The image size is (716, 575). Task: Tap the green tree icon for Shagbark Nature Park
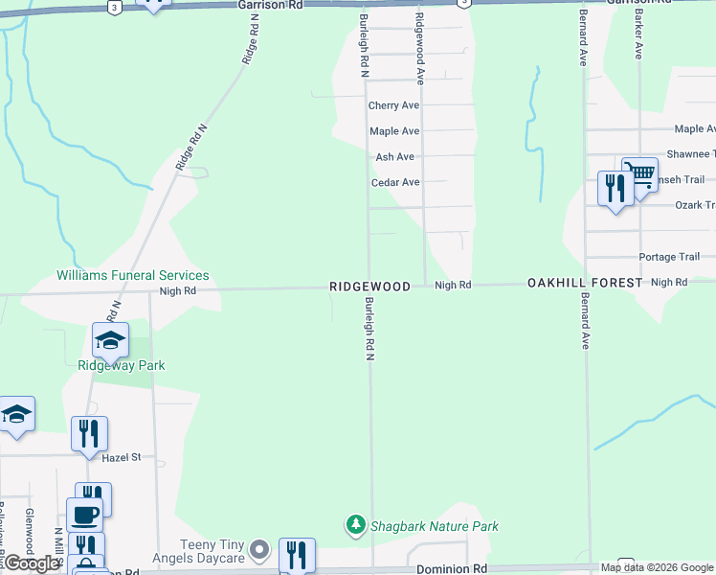(356, 525)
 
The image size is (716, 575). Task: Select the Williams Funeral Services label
(132, 275)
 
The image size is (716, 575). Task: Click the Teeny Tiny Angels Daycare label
(194, 551)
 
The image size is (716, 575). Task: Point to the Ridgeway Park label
(122, 365)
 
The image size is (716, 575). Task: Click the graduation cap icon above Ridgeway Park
(110, 340)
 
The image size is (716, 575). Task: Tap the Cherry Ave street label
(394, 105)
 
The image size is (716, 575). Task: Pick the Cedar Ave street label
(395, 182)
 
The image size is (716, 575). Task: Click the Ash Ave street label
(394, 157)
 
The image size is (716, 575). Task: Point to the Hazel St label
(122, 458)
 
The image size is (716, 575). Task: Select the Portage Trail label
(669, 257)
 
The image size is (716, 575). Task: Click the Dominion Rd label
(452, 569)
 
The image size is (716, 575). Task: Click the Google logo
(32, 563)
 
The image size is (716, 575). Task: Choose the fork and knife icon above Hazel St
(89, 433)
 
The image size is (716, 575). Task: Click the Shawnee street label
(690, 153)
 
